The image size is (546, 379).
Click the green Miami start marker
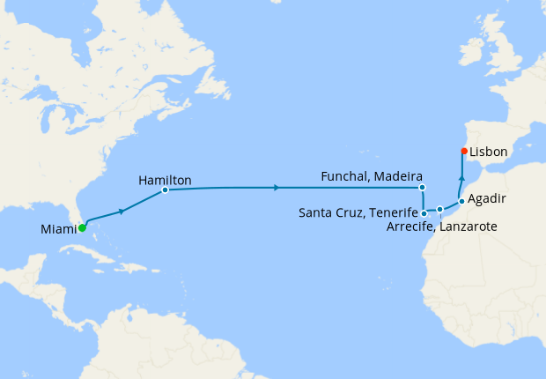[82, 227]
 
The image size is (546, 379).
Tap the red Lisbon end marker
[463, 151]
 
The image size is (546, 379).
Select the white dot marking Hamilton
[165, 189]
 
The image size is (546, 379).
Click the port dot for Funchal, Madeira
[423, 188]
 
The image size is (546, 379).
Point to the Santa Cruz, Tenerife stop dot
[424, 212]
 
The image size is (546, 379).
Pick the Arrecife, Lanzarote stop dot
[439, 210]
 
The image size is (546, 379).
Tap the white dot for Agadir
[461, 201]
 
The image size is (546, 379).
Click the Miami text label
[57, 230]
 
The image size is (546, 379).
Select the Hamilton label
[165, 180]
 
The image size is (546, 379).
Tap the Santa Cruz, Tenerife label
[358, 212]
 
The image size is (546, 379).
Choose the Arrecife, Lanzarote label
[442, 227]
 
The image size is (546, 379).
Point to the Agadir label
[487, 199]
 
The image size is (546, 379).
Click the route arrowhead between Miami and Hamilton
[122, 212]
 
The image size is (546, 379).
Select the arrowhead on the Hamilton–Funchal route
[277, 188]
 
